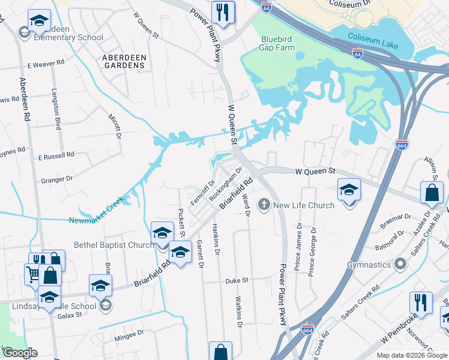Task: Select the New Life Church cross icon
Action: tap(264, 205)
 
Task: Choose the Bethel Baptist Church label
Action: tap(114, 245)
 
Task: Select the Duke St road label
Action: tap(237, 281)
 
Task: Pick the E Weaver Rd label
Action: tap(46, 63)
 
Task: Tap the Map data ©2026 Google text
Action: tap(411, 355)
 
